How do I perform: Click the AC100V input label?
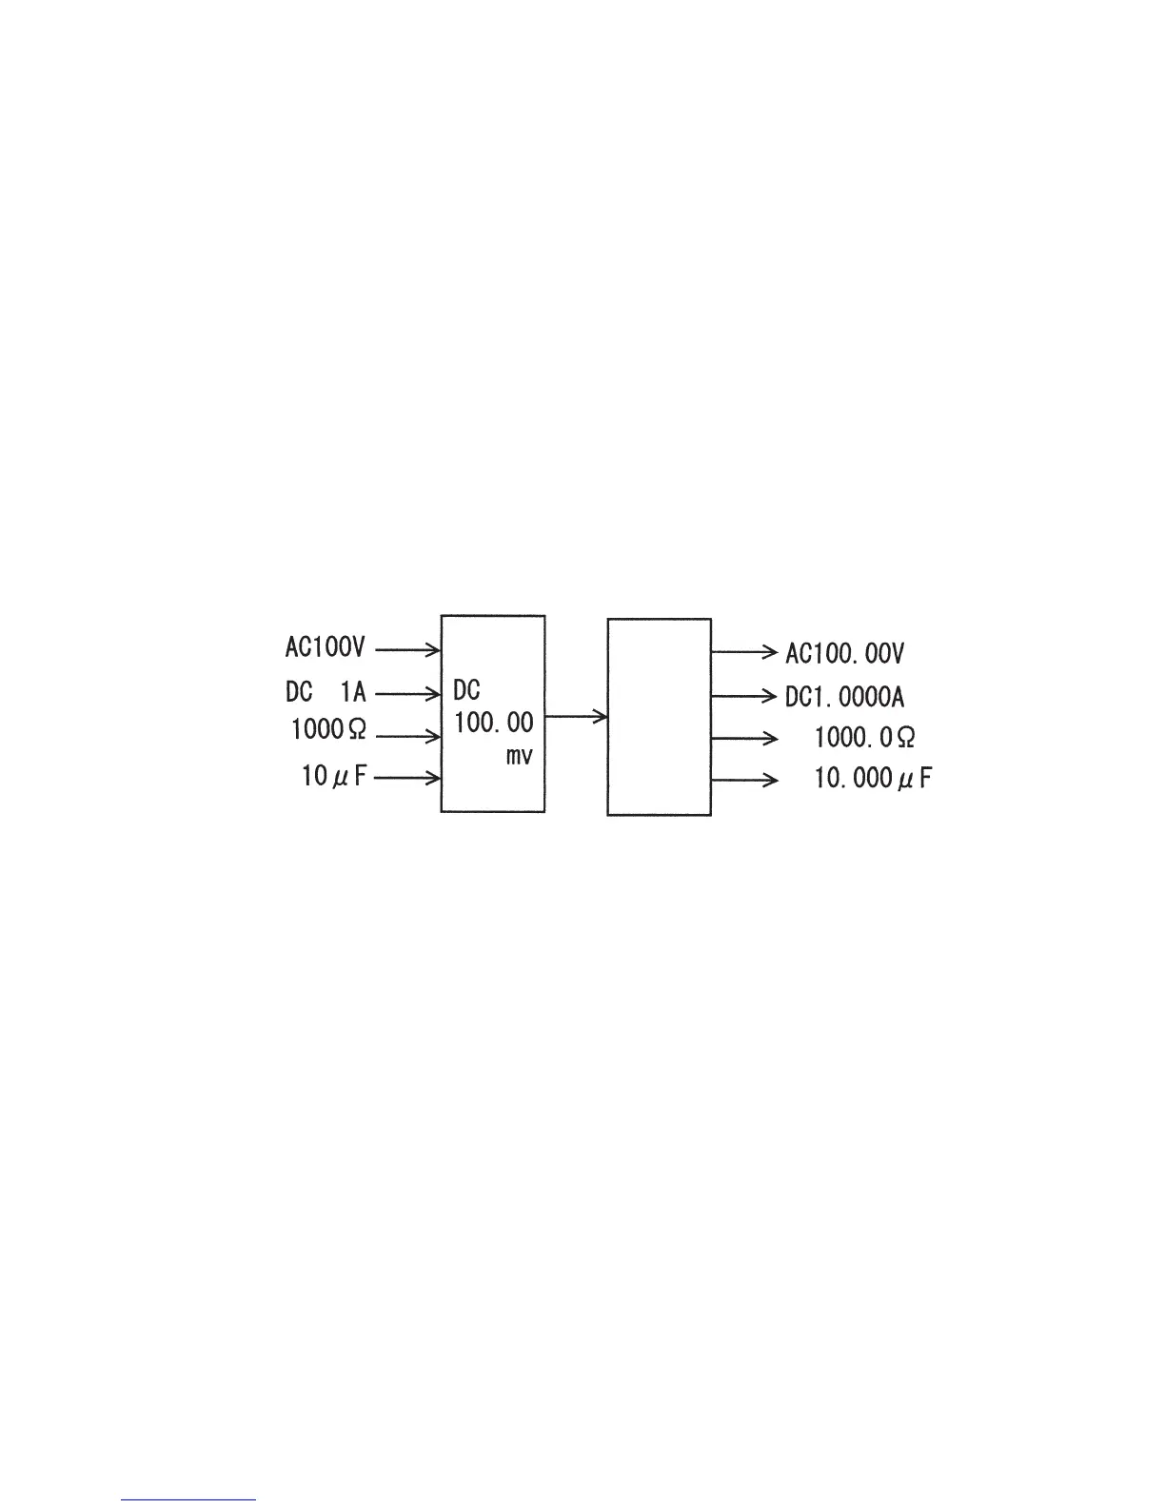pyautogui.click(x=325, y=648)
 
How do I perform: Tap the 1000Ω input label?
pyautogui.click(x=328, y=731)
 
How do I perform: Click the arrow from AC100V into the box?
pyautogui.click(x=407, y=650)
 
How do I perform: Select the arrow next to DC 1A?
pyautogui.click(x=407, y=693)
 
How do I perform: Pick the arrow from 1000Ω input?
pyautogui.click(x=407, y=736)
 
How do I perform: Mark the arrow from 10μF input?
pyautogui.click(x=407, y=779)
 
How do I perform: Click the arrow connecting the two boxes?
pyautogui.click(x=576, y=716)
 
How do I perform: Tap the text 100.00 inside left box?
pyautogui.click(x=493, y=723)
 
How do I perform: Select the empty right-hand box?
pyautogui.click(x=659, y=716)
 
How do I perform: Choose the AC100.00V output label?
pyautogui.click(x=844, y=654)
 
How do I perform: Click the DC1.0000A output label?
pyautogui.click(x=844, y=697)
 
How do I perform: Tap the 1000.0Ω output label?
pyautogui.click(x=865, y=737)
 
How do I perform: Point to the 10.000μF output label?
pyautogui.click(x=873, y=780)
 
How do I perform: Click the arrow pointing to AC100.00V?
pyautogui.click(x=744, y=653)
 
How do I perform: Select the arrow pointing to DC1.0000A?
pyautogui.click(x=744, y=696)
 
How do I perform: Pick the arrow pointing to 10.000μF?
pyautogui.click(x=744, y=781)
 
